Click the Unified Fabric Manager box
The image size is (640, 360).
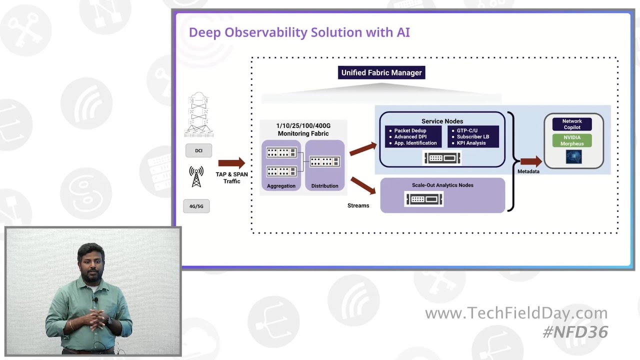381,72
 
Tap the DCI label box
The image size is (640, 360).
198,150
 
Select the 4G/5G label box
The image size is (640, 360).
196,206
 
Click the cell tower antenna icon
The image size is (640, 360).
196,177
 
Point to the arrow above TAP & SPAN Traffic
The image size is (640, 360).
231,163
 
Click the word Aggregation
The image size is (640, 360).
281,186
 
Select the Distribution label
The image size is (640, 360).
324,186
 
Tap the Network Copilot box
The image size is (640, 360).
572,124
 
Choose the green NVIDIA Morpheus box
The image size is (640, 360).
572,140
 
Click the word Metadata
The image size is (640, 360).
528,171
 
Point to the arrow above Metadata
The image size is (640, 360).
530,161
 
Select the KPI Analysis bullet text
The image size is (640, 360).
471,143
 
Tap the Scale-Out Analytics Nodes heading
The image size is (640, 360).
442,185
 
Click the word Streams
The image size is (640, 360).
358,205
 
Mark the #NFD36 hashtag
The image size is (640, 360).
575,332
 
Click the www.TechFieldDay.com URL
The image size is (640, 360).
516,313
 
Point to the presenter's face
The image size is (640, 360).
91,260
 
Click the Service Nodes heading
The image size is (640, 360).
442,121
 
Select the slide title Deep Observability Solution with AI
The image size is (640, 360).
299,32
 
